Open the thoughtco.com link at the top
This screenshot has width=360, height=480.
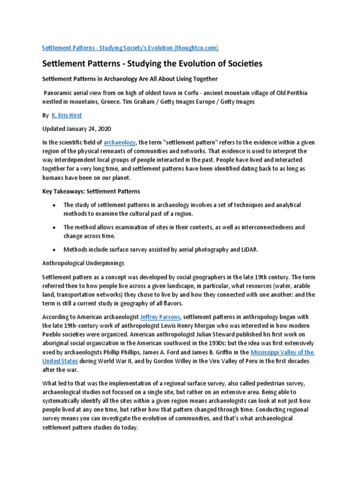point(130,48)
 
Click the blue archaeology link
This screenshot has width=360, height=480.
point(120,142)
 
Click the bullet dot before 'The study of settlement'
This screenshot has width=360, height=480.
point(55,205)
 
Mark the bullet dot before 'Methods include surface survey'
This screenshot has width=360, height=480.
point(55,250)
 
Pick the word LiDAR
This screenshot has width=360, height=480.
point(247,250)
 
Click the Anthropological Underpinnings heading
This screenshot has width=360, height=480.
point(83,263)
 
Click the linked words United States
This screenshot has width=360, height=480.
point(60,361)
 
